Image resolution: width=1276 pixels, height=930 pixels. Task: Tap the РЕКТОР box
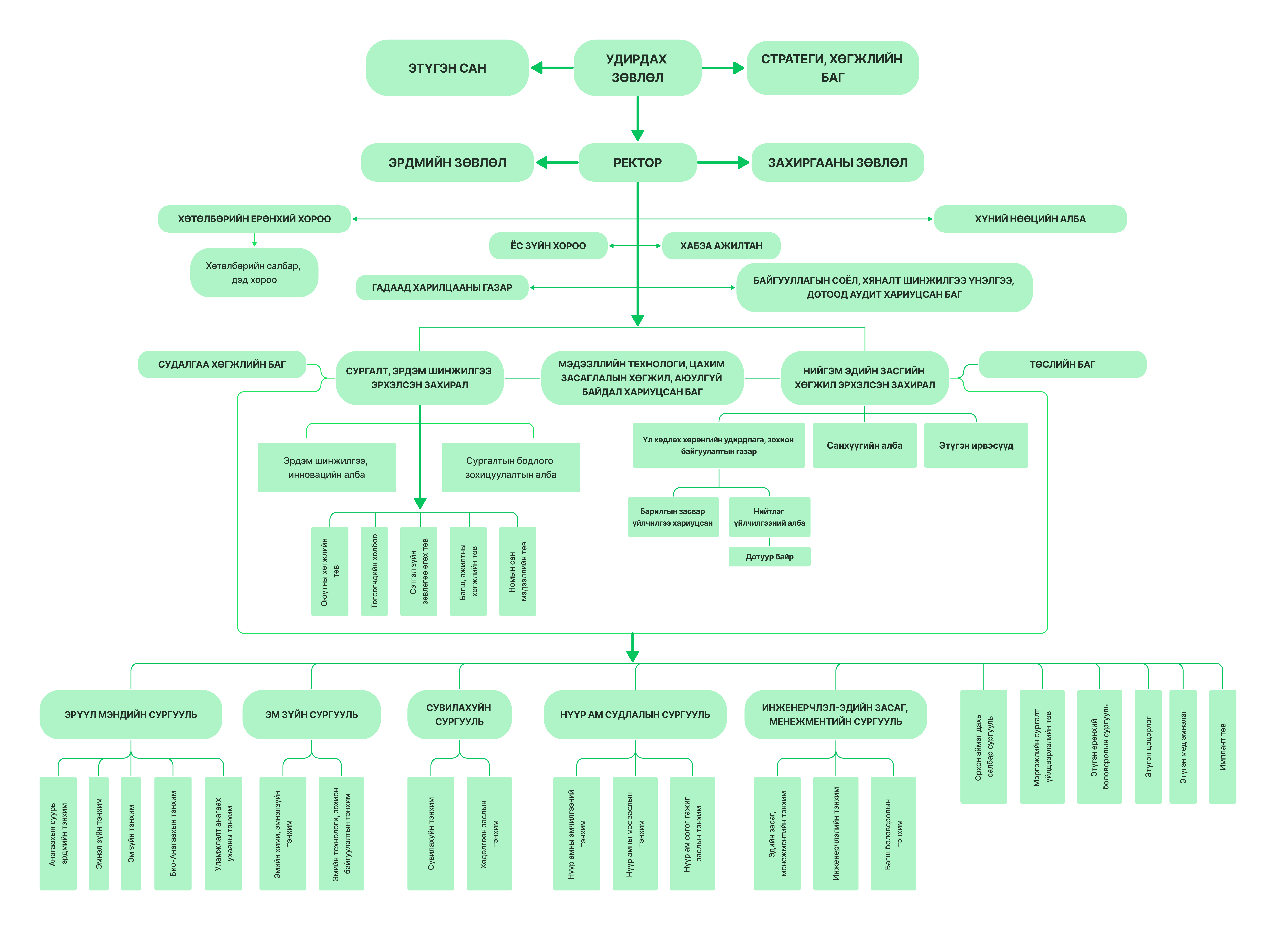pos(637,163)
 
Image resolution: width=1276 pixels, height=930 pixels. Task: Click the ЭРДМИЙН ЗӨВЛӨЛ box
pos(447,163)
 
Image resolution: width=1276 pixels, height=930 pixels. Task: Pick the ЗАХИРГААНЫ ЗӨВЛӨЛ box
pos(837,163)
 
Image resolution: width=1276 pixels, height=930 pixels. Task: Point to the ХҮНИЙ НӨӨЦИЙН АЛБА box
pos(1030,219)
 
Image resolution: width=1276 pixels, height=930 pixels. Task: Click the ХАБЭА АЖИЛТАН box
pos(721,246)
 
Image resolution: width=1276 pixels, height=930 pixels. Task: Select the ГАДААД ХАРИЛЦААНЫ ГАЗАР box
pos(442,288)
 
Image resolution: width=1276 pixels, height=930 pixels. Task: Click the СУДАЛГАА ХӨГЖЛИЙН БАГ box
pos(222,364)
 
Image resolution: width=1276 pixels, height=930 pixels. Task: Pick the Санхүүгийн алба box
pos(864,445)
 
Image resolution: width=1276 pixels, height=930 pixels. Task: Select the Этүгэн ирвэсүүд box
pos(976,445)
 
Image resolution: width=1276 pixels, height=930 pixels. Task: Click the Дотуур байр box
pos(769,557)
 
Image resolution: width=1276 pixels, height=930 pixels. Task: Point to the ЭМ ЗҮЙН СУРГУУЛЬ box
pos(311,714)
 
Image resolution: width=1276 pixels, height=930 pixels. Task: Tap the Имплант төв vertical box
pos(1223,747)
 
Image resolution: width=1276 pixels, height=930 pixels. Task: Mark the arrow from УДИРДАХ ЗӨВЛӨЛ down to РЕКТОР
pos(637,119)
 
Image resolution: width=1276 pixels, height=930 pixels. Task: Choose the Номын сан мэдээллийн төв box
pos(517,571)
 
